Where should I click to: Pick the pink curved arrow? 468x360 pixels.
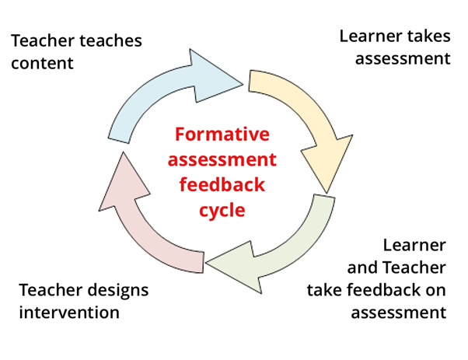click(138, 227)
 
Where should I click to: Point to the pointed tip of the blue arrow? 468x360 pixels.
click(243, 84)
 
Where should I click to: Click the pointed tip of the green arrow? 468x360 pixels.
click(206, 263)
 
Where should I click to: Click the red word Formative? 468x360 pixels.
click(222, 134)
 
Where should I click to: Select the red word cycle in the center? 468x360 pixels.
click(222, 211)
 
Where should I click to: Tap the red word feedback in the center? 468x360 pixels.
click(222, 184)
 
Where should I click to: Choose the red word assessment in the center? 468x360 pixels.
click(222, 159)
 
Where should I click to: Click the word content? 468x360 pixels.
click(42, 63)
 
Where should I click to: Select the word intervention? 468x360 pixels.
click(69, 313)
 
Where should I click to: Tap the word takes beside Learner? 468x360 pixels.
click(429, 36)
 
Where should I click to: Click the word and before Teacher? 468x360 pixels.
click(361, 267)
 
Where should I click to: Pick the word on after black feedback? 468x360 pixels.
click(435, 291)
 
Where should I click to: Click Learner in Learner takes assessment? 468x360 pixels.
click(372, 36)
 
